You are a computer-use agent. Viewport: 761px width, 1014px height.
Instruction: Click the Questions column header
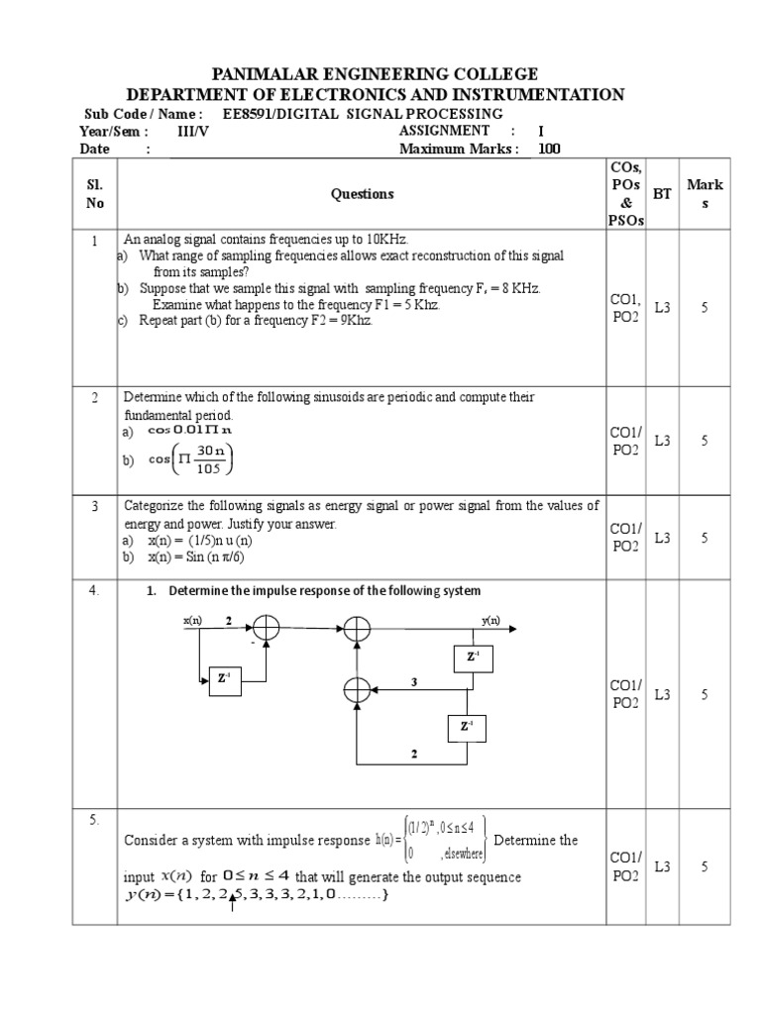(362, 194)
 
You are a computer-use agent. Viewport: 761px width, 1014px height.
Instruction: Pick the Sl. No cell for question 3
(94, 506)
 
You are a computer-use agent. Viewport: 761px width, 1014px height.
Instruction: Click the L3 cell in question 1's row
(662, 308)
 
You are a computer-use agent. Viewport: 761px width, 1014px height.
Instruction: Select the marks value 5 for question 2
(705, 441)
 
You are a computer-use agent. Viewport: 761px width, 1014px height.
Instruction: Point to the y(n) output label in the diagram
(490, 621)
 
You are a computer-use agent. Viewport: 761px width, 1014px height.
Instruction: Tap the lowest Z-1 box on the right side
(466, 727)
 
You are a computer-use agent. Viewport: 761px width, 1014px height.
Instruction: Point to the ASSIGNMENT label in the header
(444, 131)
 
